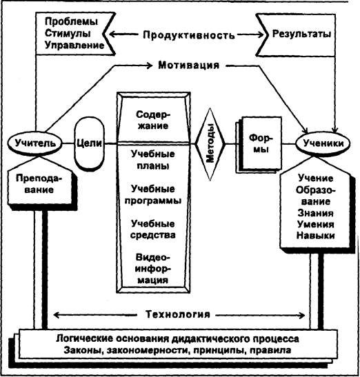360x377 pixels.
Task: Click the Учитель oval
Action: pyautogui.click(x=35, y=143)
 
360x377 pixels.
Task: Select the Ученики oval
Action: pyautogui.click(x=323, y=143)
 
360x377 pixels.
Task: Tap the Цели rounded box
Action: pyautogui.click(x=89, y=143)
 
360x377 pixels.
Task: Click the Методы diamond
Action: pyautogui.click(x=210, y=144)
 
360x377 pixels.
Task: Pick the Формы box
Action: pyautogui.click(x=261, y=143)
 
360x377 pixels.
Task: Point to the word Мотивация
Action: pyautogui.click(x=189, y=65)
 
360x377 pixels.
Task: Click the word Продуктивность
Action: pyautogui.click(x=189, y=35)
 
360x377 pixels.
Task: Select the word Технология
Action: pyautogui.click(x=178, y=314)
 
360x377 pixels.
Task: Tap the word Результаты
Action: pyautogui.click(x=301, y=34)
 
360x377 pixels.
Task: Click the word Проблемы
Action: pyautogui.click(x=71, y=21)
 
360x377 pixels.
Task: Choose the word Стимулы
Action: pyautogui.click(x=68, y=33)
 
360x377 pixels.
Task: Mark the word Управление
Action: pyautogui.click(x=74, y=45)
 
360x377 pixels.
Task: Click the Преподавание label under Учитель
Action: pyautogui.click(x=39, y=184)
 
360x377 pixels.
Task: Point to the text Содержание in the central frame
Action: pyautogui.click(x=153, y=120)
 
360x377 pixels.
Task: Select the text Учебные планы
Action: pyautogui.click(x=153, y=160)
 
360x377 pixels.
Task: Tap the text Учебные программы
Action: pyautogui.click(x=153, y=194)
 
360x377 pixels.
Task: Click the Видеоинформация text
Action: pyautogui.click(x=152, y=269)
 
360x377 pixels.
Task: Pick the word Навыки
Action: pyautogui.click(x=315, y=236)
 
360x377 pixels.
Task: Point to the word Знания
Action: pyautogui.click(x=315, y=213)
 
